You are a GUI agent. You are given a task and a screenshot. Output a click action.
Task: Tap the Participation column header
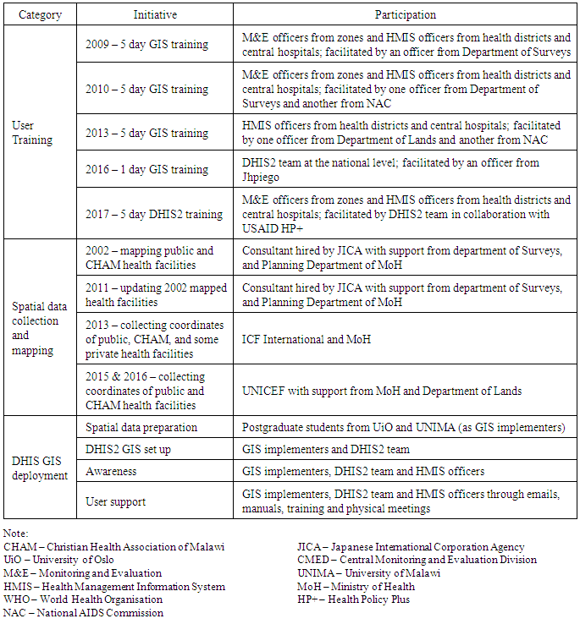(x=406, y=14)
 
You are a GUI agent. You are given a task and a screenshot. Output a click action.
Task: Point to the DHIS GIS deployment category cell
(x=40, y=468)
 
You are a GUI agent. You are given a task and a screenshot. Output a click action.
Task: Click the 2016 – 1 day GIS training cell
(x=147, y=169)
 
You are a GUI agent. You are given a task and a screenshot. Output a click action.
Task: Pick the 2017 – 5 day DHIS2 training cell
(x=154, y=215)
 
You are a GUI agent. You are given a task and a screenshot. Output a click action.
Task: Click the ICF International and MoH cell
(x=307, y=340)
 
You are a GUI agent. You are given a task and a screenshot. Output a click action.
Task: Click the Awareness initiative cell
(x=111, y=471)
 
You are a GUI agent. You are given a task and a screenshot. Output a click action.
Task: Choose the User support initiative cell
(x=115, y=501)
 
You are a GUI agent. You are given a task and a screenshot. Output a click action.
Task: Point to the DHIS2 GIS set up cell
(x=128, y=449)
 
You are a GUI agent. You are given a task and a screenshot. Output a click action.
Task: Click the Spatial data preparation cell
(x=141, y=427)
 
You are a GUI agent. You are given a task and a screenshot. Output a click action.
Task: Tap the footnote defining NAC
(x=83, y=613)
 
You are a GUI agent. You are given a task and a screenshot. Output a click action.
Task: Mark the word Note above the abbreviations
(x=15, y=534)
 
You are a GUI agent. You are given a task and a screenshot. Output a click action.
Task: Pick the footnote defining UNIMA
(x=369, y=573)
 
